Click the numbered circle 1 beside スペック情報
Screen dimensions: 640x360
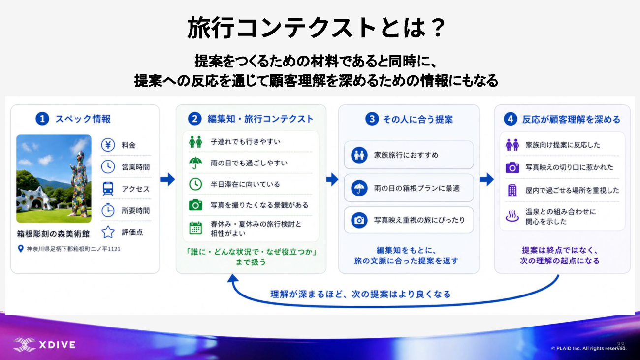pos(42,119)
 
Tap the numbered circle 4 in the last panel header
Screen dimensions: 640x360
pos(511,119)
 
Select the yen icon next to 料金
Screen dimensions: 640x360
pos(108,145)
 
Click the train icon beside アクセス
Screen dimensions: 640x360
pos(108,189)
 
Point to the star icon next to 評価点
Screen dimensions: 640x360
pos(108,232)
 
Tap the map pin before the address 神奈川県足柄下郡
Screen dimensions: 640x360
pos(21,249)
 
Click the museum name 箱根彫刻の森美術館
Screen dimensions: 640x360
pos(53,234)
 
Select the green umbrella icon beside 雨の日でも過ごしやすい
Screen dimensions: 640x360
pos(195,163)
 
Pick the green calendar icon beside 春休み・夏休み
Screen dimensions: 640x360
pos(195,228)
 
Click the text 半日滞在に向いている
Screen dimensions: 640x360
pos(245,184)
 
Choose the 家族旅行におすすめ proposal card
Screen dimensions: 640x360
pos(409,155)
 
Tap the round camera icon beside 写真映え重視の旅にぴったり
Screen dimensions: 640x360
pos(359,220)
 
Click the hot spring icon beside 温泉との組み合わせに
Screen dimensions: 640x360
pos(512,216)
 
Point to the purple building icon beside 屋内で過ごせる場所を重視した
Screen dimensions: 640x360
pos(512,190)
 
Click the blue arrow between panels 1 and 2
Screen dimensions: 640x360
pos(168,179)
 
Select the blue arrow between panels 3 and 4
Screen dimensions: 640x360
pos(486,179)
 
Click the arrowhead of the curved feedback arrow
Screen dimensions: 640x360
pos(233,278)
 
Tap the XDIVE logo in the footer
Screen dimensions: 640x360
pos(45,345)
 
